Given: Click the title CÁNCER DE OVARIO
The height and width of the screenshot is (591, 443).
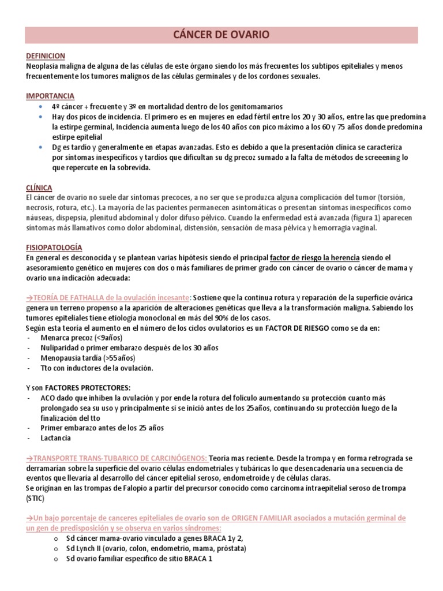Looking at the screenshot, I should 221,36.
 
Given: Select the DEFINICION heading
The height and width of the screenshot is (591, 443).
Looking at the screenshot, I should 46,56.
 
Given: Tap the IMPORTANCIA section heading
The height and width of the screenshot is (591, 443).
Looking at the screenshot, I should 50,96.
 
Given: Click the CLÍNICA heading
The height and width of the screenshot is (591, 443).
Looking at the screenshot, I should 39,188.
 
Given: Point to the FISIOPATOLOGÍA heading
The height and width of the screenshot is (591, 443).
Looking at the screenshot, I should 54,247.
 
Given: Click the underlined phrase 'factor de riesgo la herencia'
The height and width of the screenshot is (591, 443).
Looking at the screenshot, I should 315,257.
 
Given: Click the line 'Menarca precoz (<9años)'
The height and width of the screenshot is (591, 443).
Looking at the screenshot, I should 85,338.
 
